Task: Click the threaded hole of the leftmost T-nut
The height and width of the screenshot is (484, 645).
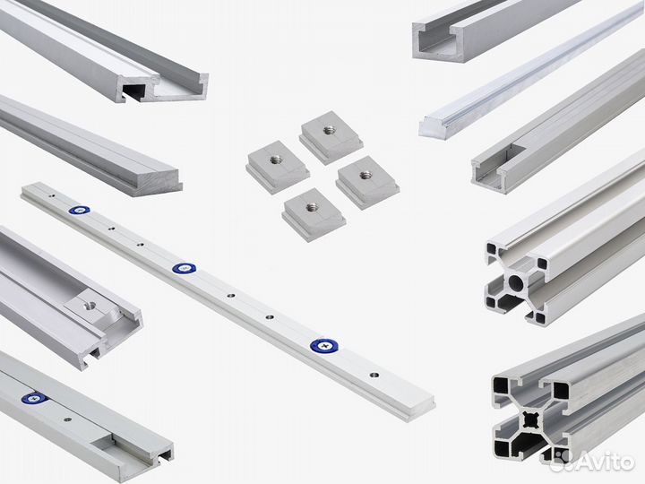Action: [276, 160]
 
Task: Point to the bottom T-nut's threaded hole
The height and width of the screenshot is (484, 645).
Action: [313, 207]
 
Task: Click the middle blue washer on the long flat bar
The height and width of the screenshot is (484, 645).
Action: [184, 268]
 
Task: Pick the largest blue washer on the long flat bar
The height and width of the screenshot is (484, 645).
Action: [323, 345]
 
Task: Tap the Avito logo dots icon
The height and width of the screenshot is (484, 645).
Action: [561, 460]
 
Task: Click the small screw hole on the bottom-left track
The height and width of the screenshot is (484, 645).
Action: [65, 418]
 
